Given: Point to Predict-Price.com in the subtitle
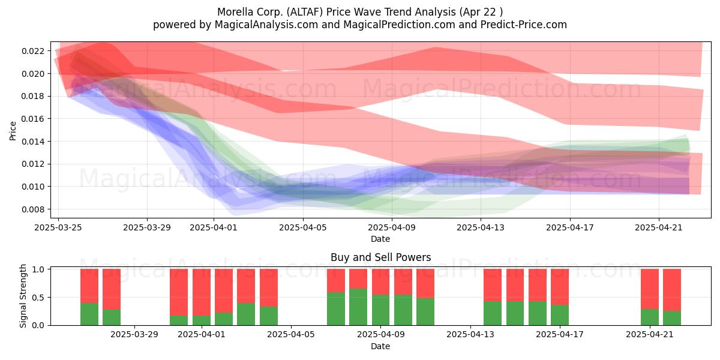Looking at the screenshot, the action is (524, 25).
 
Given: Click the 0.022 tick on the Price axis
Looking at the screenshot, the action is (34, 51).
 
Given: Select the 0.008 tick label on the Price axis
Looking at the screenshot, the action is (34, 209).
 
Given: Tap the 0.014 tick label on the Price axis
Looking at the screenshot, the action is (34, 142).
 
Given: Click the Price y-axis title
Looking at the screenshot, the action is (13, 131).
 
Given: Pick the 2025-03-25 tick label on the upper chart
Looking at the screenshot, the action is (58, 227).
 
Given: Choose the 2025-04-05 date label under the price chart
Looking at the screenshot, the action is (303, 227).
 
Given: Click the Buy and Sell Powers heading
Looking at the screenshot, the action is (380, 257).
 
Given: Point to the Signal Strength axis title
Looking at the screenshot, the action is (23, 296).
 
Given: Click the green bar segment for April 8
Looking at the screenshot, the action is (358, 307).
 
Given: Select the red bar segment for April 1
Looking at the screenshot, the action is (202, 292).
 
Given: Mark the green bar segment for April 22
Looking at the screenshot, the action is (672, 318).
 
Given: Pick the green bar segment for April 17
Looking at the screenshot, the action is (560, 315).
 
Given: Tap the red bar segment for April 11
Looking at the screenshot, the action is (425, 283).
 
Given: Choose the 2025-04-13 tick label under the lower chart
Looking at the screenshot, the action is (470, 335).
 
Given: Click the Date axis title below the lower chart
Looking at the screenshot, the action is (380, 347).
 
